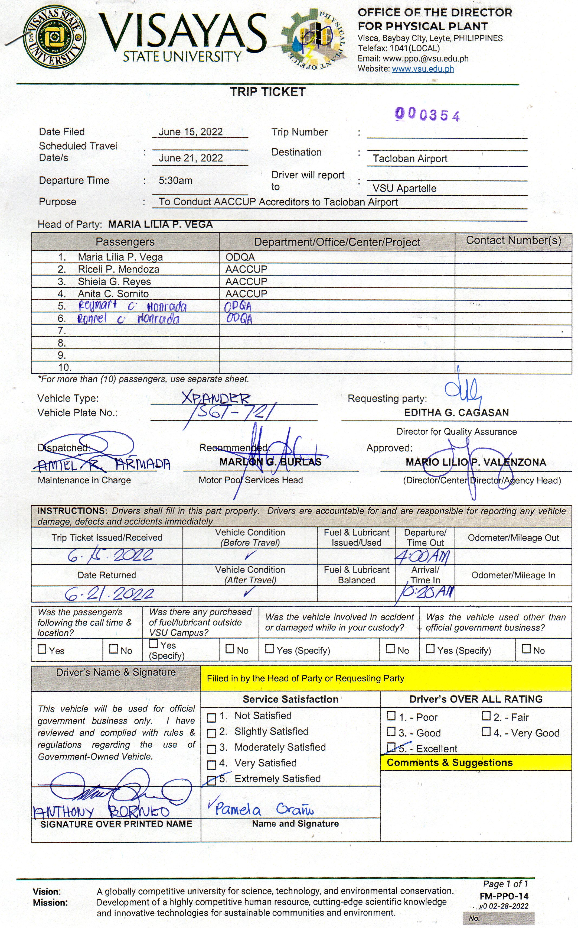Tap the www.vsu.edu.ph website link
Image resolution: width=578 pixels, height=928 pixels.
tap(423, 69)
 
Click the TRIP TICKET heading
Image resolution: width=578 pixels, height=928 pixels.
tap(267, 92)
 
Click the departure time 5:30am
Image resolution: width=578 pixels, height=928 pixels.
tap(175, 180)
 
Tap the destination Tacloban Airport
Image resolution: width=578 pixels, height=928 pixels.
tap(410, 159)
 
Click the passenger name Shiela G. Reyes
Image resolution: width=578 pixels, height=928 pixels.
tap(114, 282)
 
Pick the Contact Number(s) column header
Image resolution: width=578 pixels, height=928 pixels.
tap(513, 241)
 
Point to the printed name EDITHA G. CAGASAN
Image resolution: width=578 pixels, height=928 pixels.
tap(456, 413)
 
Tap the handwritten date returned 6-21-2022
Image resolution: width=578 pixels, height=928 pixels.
tap(109, 594)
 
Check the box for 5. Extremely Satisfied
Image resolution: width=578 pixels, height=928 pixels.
tap(211, 780)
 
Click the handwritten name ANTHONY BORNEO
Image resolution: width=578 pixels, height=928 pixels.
tap(101, 811)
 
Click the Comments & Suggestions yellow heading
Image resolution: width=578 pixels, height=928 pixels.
tap(450, 763)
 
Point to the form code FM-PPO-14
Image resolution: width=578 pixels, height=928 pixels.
tap(504, 896)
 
